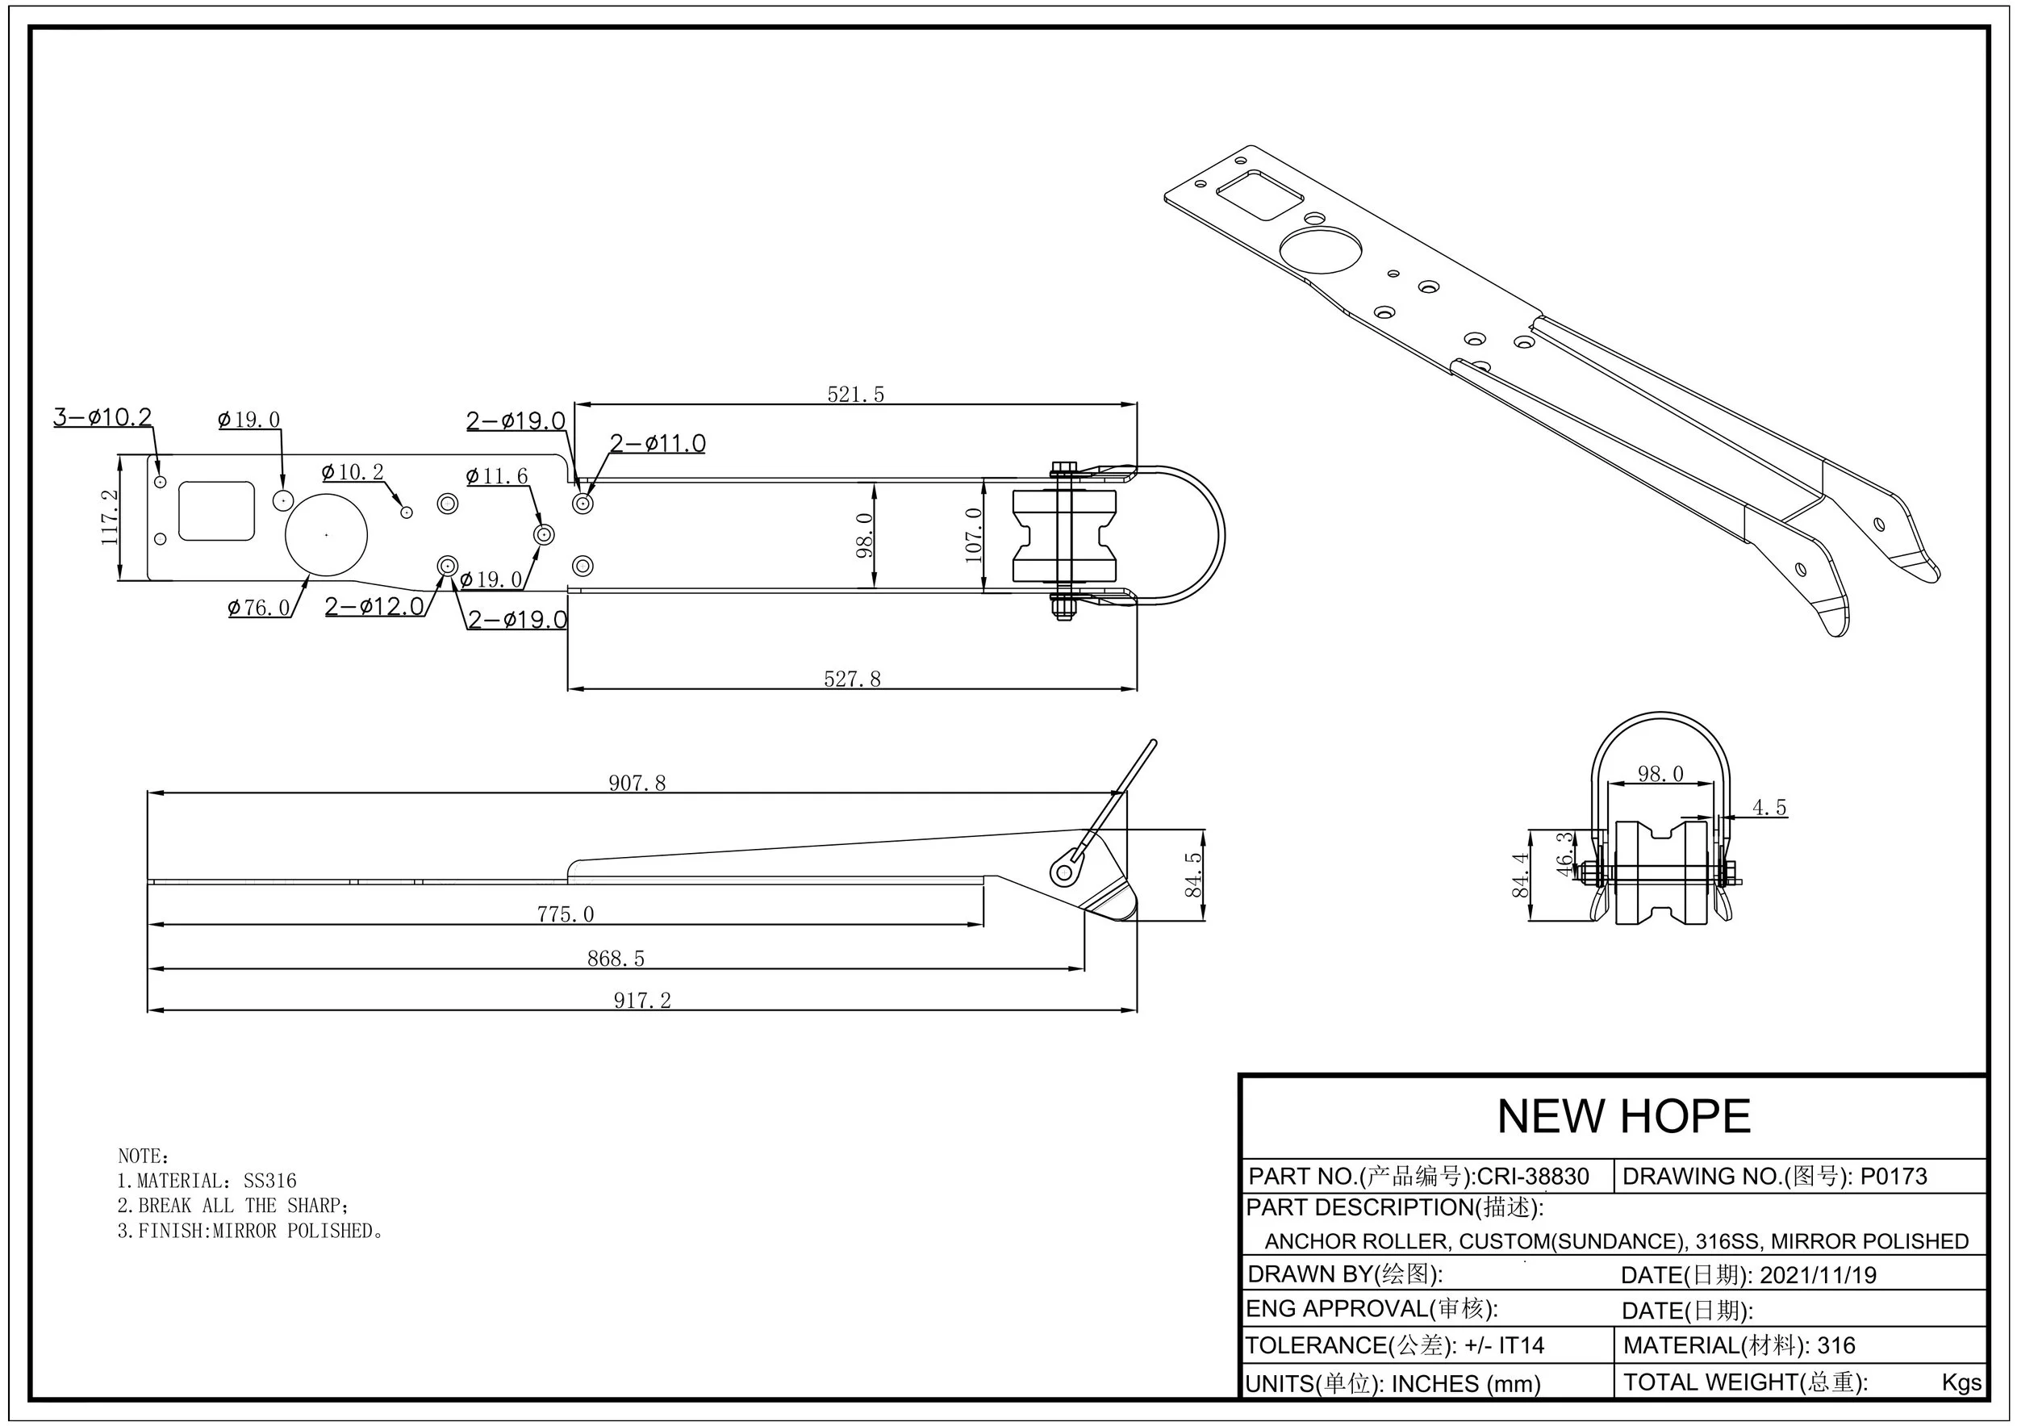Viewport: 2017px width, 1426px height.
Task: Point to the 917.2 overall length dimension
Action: click(x=641, y=1001)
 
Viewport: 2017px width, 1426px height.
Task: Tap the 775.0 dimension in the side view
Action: click(x=565, y=914)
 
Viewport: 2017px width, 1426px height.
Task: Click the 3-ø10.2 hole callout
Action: click(x=102, y=416)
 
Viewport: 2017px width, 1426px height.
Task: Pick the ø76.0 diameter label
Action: click(x=258, y=607)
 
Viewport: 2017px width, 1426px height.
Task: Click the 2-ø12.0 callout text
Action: click(x=374, y=606)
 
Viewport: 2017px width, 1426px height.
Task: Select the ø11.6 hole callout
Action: click(x=496, y=476)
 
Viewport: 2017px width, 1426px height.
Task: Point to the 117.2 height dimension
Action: click(x=110, y=518)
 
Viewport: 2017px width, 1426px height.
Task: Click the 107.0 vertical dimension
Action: click(x=973, y=534)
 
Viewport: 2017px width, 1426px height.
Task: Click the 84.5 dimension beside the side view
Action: click(x=1194, y=874)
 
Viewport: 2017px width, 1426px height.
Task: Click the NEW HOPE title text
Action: click(x=1623, y=1117)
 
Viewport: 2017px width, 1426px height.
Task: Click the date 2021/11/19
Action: click(x=1818, y=1275)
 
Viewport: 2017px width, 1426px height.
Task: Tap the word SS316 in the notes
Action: click(x=269, y=1181)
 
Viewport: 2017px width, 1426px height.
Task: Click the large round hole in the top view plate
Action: click(x=326, y=534)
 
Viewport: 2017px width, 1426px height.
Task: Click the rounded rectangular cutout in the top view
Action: click(x=216, y=511)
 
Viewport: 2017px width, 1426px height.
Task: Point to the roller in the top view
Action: click(x=1066, y=535)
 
